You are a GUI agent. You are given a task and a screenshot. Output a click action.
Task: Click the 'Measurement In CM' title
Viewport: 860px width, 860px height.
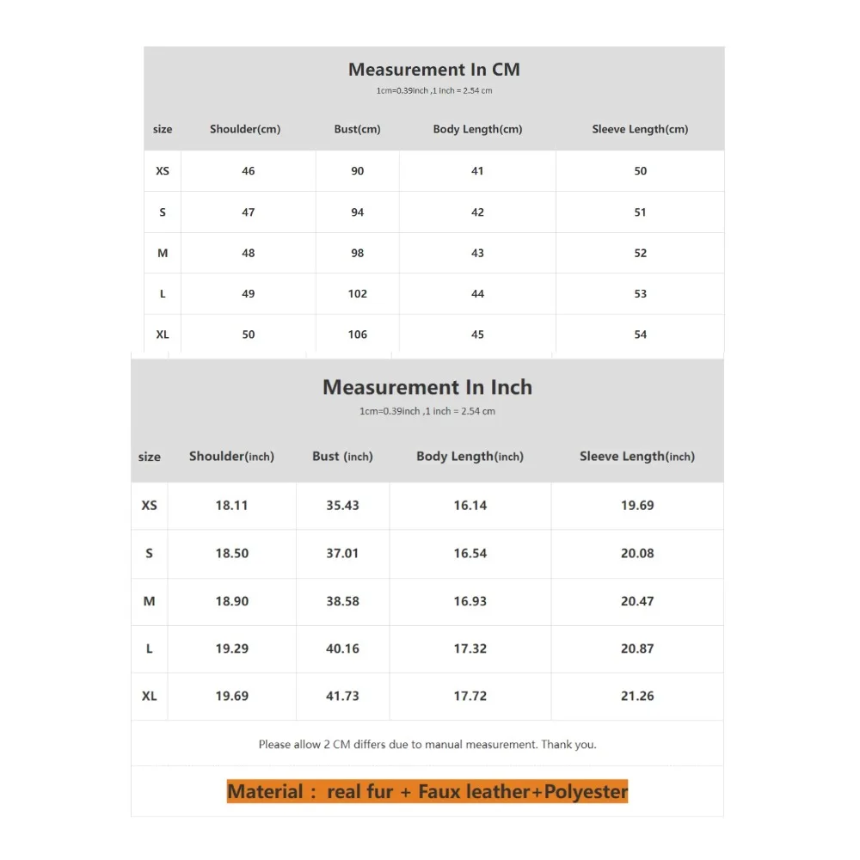(x=433, y=70)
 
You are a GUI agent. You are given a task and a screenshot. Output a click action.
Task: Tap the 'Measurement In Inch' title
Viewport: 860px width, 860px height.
(x=427, y=388)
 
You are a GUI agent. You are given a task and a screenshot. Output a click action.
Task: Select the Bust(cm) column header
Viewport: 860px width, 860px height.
(x=357, y=129)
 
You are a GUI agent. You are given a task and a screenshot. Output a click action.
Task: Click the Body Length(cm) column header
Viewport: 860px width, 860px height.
(x=477, y=129)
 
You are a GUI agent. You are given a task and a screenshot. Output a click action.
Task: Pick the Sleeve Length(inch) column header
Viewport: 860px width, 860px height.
(x=637, y=457)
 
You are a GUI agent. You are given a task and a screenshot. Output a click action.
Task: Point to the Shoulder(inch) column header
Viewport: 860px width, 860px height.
(x=231, y=457)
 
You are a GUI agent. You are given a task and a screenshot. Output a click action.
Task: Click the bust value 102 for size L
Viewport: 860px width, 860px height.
(x=358, y=294)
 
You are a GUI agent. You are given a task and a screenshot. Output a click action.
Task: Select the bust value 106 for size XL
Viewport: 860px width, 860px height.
(x=358, y=335)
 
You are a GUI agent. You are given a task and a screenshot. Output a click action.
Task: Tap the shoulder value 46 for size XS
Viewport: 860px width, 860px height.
(x=249, y=171)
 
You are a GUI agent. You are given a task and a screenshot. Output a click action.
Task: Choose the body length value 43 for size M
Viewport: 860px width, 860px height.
(x=477, y=253)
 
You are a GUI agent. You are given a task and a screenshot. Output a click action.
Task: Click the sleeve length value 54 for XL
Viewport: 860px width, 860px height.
(x=640, y=335)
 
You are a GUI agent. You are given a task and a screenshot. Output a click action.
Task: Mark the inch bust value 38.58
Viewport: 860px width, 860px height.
(x=342, y=601)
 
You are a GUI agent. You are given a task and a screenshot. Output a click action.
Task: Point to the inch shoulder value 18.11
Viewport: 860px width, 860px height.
(x=231, y=506)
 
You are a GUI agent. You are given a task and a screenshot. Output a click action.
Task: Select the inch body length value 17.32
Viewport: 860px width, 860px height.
(x=470, y=648)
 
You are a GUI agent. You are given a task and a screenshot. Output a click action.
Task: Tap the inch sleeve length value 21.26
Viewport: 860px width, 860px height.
(x=637, y=696)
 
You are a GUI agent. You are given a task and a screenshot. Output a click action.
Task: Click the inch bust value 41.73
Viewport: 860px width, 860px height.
(x=342, y=696)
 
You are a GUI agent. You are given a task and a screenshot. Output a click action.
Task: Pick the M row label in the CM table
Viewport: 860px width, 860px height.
(x=163, y=253)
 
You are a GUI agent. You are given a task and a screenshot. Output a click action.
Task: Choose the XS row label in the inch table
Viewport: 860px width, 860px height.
(x=150, y=506)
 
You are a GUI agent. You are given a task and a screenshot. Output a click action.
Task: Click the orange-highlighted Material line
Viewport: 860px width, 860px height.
(x=427, y=791)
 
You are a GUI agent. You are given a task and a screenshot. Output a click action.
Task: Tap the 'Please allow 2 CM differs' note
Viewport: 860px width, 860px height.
(x=427, y=745)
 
